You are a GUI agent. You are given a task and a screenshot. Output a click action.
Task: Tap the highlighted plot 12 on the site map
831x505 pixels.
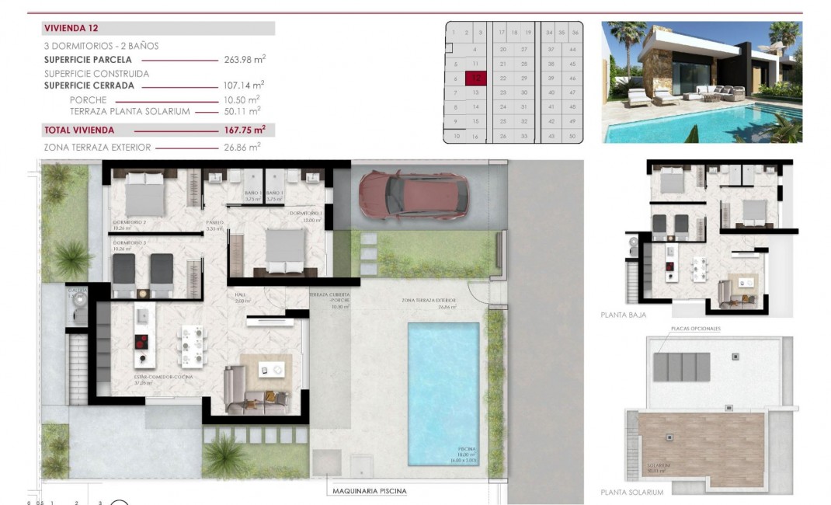coord(475,78)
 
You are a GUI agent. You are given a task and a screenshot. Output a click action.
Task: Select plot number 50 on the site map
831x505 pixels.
coord(572,136)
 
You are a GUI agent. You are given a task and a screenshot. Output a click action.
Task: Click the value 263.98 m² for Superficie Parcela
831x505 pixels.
coord(244,60)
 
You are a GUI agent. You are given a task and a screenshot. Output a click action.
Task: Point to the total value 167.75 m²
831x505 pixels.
coord(244,131)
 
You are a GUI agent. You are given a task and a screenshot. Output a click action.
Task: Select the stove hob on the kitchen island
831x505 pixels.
coord(142,342)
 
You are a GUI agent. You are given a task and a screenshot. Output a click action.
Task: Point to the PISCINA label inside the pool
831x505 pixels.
coord(466,450)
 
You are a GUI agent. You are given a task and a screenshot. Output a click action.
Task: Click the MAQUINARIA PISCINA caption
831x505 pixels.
coord(369,491)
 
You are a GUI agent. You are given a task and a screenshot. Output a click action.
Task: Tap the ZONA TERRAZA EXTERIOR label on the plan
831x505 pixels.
coord(428,301)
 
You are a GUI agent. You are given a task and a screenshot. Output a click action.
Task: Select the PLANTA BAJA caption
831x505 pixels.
coord(624,315)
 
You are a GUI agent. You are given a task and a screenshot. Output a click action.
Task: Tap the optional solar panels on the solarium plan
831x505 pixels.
coord(681,367)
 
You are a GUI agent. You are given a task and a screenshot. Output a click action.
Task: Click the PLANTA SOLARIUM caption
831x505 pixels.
coord(632,493)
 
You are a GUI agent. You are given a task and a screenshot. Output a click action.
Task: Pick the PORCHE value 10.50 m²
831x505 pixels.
coord(244,100)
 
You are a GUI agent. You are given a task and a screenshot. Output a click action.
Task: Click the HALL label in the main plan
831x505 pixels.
coord(242,295)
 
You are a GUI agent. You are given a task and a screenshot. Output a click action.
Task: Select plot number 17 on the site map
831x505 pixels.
coord(502,33)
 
